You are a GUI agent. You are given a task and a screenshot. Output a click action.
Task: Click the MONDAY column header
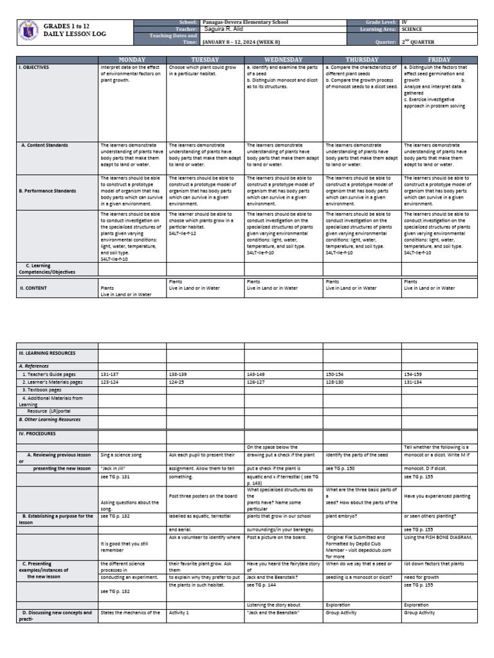coord(132,58)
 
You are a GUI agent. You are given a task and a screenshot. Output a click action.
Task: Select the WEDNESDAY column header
coord(283,58)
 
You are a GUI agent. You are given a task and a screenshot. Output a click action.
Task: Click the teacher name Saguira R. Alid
coord(224,28)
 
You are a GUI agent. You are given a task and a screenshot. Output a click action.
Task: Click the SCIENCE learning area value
coord(413,29)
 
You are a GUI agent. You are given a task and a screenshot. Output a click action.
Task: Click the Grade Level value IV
coord(404,22)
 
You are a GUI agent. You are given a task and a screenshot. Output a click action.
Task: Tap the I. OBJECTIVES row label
coord(35,66)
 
